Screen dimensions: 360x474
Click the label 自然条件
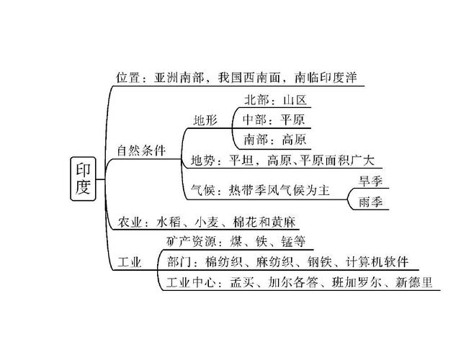(141, 151)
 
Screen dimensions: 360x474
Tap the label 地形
(205, 120)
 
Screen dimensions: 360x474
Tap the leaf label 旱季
(370, 180)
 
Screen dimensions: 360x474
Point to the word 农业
(130, 221)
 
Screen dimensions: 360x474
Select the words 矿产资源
(189, 240)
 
